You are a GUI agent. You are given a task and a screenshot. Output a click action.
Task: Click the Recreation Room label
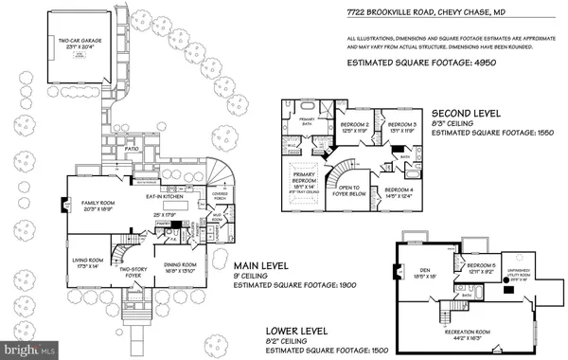coord(469,332)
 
